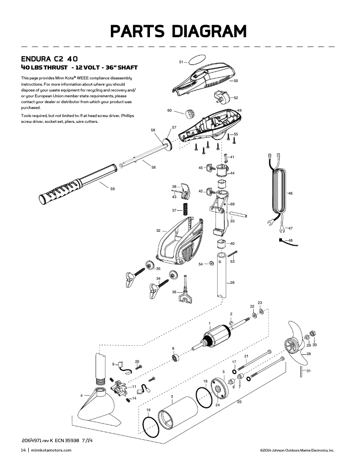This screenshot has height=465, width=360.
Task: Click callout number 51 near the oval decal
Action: (x=181, y=62)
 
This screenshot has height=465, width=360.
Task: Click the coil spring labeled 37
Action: (x=184, y=209)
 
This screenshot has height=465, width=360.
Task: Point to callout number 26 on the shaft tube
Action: (x=232, y=283)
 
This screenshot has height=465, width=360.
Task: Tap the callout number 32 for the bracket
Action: (x=158, y=230)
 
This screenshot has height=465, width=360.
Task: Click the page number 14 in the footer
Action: (x=23, y=450)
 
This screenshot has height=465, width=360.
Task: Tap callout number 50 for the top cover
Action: (x=236, y=81)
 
